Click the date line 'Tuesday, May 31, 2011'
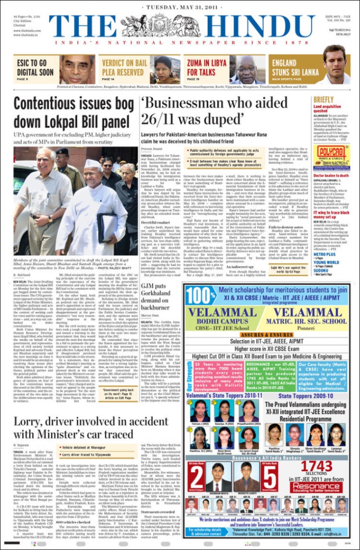pos(180,7)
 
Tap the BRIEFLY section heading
pos(324,100)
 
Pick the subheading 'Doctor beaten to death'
pos(332,176)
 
